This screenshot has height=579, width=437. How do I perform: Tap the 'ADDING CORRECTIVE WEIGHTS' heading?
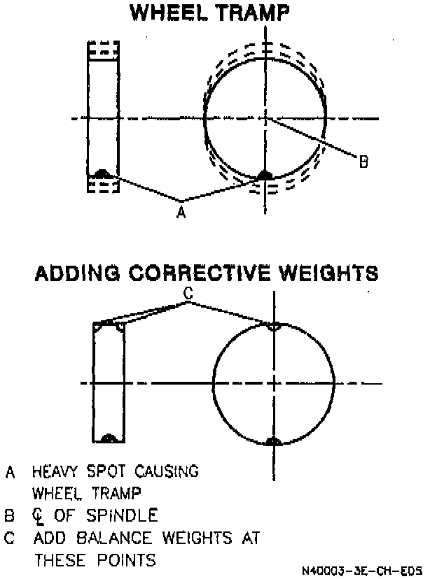pos(206,272)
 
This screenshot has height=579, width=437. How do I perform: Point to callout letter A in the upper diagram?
pos(181,211)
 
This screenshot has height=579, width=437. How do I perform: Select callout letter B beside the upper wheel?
pos(363,162)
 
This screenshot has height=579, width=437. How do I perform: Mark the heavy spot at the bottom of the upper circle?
pos(265,175)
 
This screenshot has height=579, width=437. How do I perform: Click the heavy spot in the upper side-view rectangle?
pos(102,173)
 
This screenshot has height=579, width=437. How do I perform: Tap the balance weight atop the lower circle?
pos(274,327)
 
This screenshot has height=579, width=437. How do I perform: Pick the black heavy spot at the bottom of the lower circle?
pos(274,441)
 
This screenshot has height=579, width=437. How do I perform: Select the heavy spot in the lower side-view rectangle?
pos(109,438)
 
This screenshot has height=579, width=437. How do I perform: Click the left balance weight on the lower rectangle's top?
pos(99,326)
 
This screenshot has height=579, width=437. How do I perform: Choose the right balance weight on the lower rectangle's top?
pos(120,326)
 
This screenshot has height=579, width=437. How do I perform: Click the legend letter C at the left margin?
pos(10,538)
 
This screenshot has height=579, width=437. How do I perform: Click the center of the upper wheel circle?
pos(265,118)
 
